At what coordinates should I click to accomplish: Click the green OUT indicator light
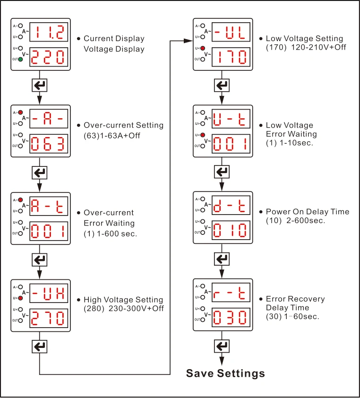point(20,60)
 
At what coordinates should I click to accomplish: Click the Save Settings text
point(225,373)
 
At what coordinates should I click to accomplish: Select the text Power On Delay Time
point(307,212)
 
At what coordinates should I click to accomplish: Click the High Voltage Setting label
point(123,300)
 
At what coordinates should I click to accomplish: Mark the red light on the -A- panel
point(20,112)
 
